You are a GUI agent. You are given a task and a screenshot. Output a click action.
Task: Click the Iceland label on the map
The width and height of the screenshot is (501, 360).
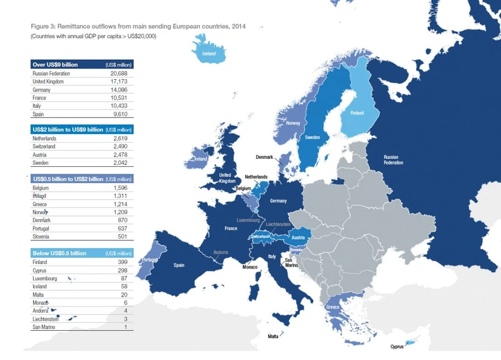pyautogui.click(x=208, y=54)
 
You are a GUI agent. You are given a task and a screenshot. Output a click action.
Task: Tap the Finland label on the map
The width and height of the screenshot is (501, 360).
pyautogui.click(x=357, y=113)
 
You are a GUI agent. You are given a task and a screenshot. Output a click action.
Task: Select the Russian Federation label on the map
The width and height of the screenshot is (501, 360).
pyautogui.click(x=393, y=159)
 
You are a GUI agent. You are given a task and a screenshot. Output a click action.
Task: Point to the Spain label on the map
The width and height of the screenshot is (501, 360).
pyautogui.click(x=179, y=265)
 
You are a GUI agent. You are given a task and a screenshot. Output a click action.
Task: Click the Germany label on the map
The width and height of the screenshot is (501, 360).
pyautogui.click(x=278, y=201)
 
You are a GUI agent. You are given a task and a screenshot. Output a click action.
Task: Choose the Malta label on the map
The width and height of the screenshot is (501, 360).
pyautogui.click(x=273, y=336)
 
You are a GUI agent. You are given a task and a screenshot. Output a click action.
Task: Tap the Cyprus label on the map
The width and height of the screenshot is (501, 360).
pyautogui.click(x=397, y=346)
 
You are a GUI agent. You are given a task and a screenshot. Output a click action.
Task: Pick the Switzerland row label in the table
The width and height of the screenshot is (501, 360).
pyautogui.click(x=44, y=146)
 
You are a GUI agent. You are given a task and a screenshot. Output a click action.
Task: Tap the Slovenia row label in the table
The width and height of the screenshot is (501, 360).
pyautogui.click(x=42, y=237)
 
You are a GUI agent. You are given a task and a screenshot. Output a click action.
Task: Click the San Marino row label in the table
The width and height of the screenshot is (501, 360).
pyautogui.click(x=44, y=327)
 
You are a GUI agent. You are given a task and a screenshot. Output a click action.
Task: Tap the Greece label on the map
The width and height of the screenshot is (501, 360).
pyautogui.click(x=332, y=307)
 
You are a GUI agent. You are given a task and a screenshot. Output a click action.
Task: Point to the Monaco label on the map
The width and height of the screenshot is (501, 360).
pyautogui.click(x=250, y=267)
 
